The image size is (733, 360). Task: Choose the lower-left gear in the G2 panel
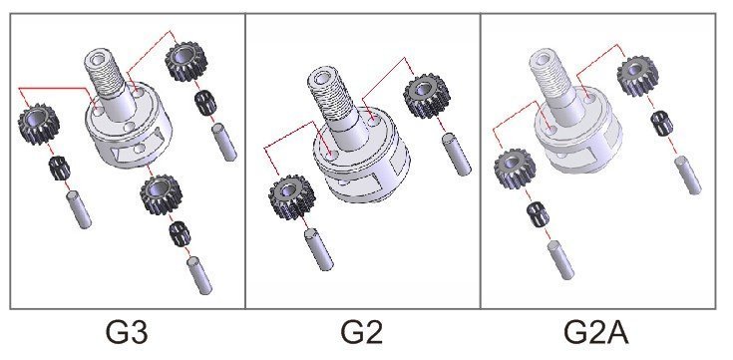pos(289,195)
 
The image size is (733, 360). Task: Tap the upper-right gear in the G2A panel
pos(637,76)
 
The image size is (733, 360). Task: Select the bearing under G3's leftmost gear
pos(57,167)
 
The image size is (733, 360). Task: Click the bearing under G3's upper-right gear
pos(206,101)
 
